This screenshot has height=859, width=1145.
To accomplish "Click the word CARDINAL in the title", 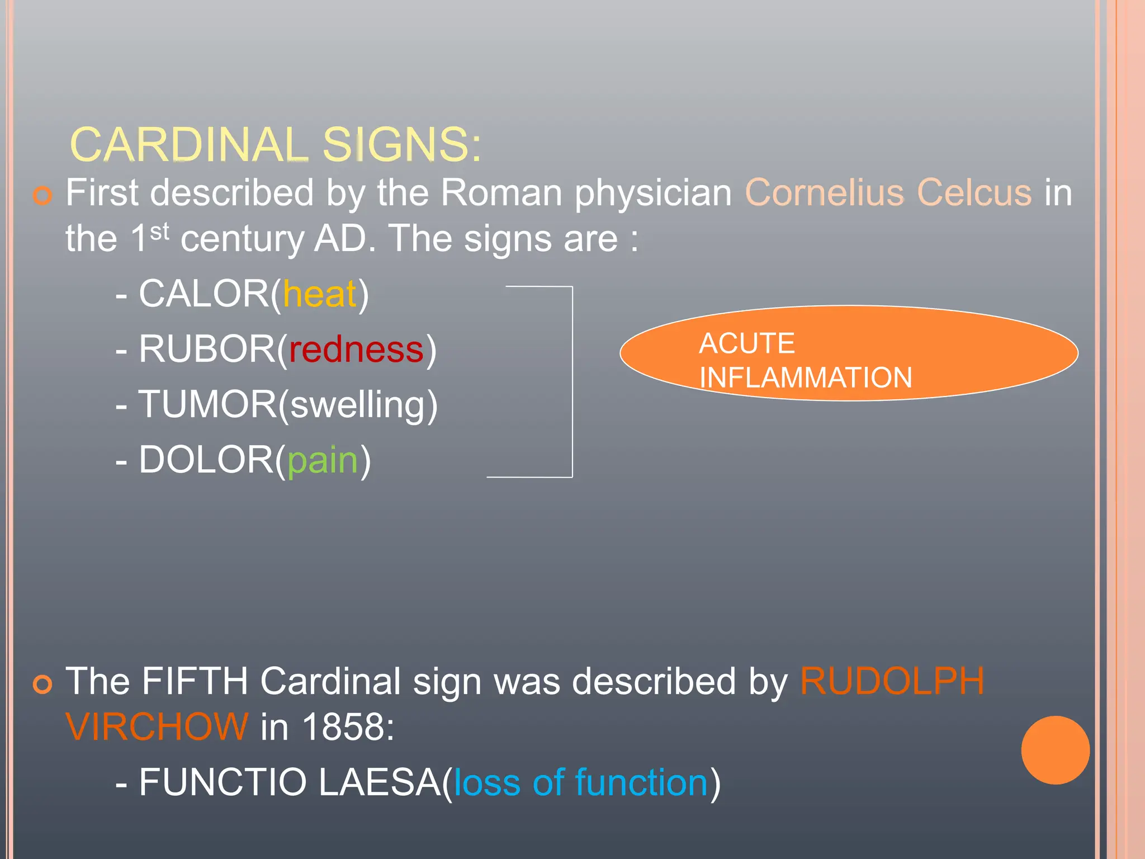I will pyautogui.click(x=189, y=145).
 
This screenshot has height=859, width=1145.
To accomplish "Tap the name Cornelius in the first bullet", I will pyautogui.click(x=824, y=193).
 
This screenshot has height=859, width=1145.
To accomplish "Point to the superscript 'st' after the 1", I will pyautogui.click(x=159, y=232).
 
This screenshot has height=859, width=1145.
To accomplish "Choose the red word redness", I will pyautogui.click(x=357, y=350).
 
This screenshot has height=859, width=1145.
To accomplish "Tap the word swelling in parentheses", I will pyautogui.click(x=358, y=405).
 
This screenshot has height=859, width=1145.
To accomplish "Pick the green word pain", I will pyautogui.click(x=322, y=460).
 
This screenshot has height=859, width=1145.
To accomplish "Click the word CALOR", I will pyautogui.click(x=204, y=294).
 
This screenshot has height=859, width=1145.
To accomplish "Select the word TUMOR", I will pyautogui.click(x=207, y=405).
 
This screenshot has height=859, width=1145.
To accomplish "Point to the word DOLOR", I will pyautogui.click(x=206, y=460).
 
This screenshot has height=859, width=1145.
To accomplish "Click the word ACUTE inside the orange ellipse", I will pyautogui.click(x=746, y=343).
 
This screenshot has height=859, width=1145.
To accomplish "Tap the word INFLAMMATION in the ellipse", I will pyautogui.click(x=805, y=378).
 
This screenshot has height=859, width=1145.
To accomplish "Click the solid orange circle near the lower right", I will pyautogui.click(x=1055, y=750).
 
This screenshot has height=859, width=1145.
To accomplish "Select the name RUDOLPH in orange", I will pyautogui.click(x=892, y=681).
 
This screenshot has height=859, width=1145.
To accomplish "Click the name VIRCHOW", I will pyautogui.click(x=157, y=727).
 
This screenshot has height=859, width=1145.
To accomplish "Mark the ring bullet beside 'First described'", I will pyautogui.click(x=42, y=196).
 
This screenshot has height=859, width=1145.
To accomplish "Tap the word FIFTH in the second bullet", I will pyautogui.click(x=195, y=681).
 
